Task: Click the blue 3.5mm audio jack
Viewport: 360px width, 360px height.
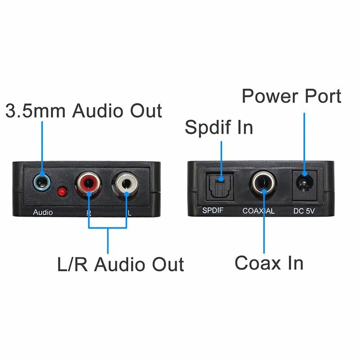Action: click(42, 184)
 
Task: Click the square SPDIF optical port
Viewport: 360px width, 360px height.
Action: click(220, 185)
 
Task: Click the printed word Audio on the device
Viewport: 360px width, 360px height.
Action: click(43, 212)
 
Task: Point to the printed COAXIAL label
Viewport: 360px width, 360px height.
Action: click(259, 211)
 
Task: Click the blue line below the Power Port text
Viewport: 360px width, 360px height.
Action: click(304, 139)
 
